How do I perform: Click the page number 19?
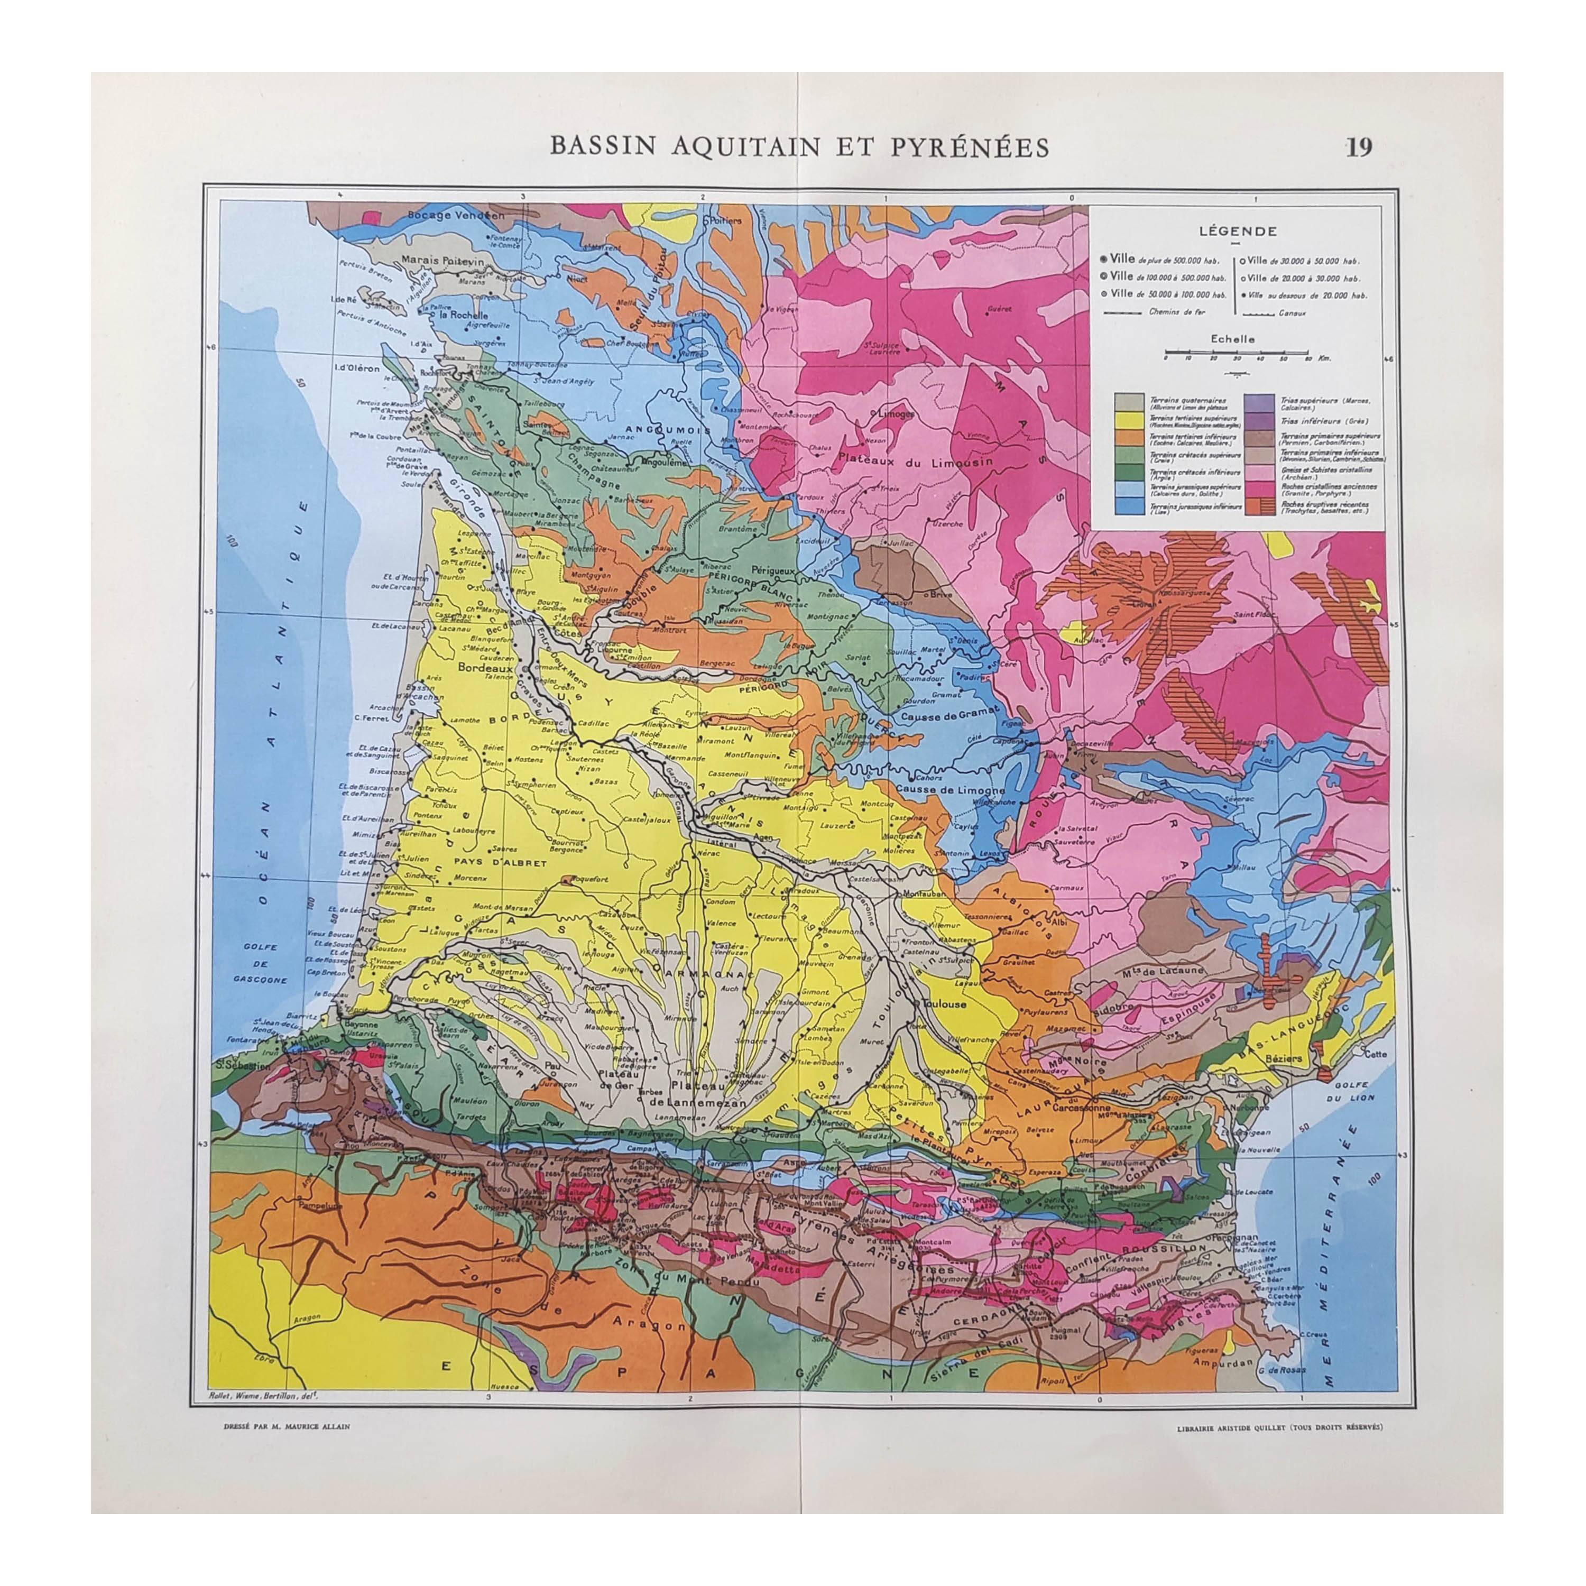coord(1359,147)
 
